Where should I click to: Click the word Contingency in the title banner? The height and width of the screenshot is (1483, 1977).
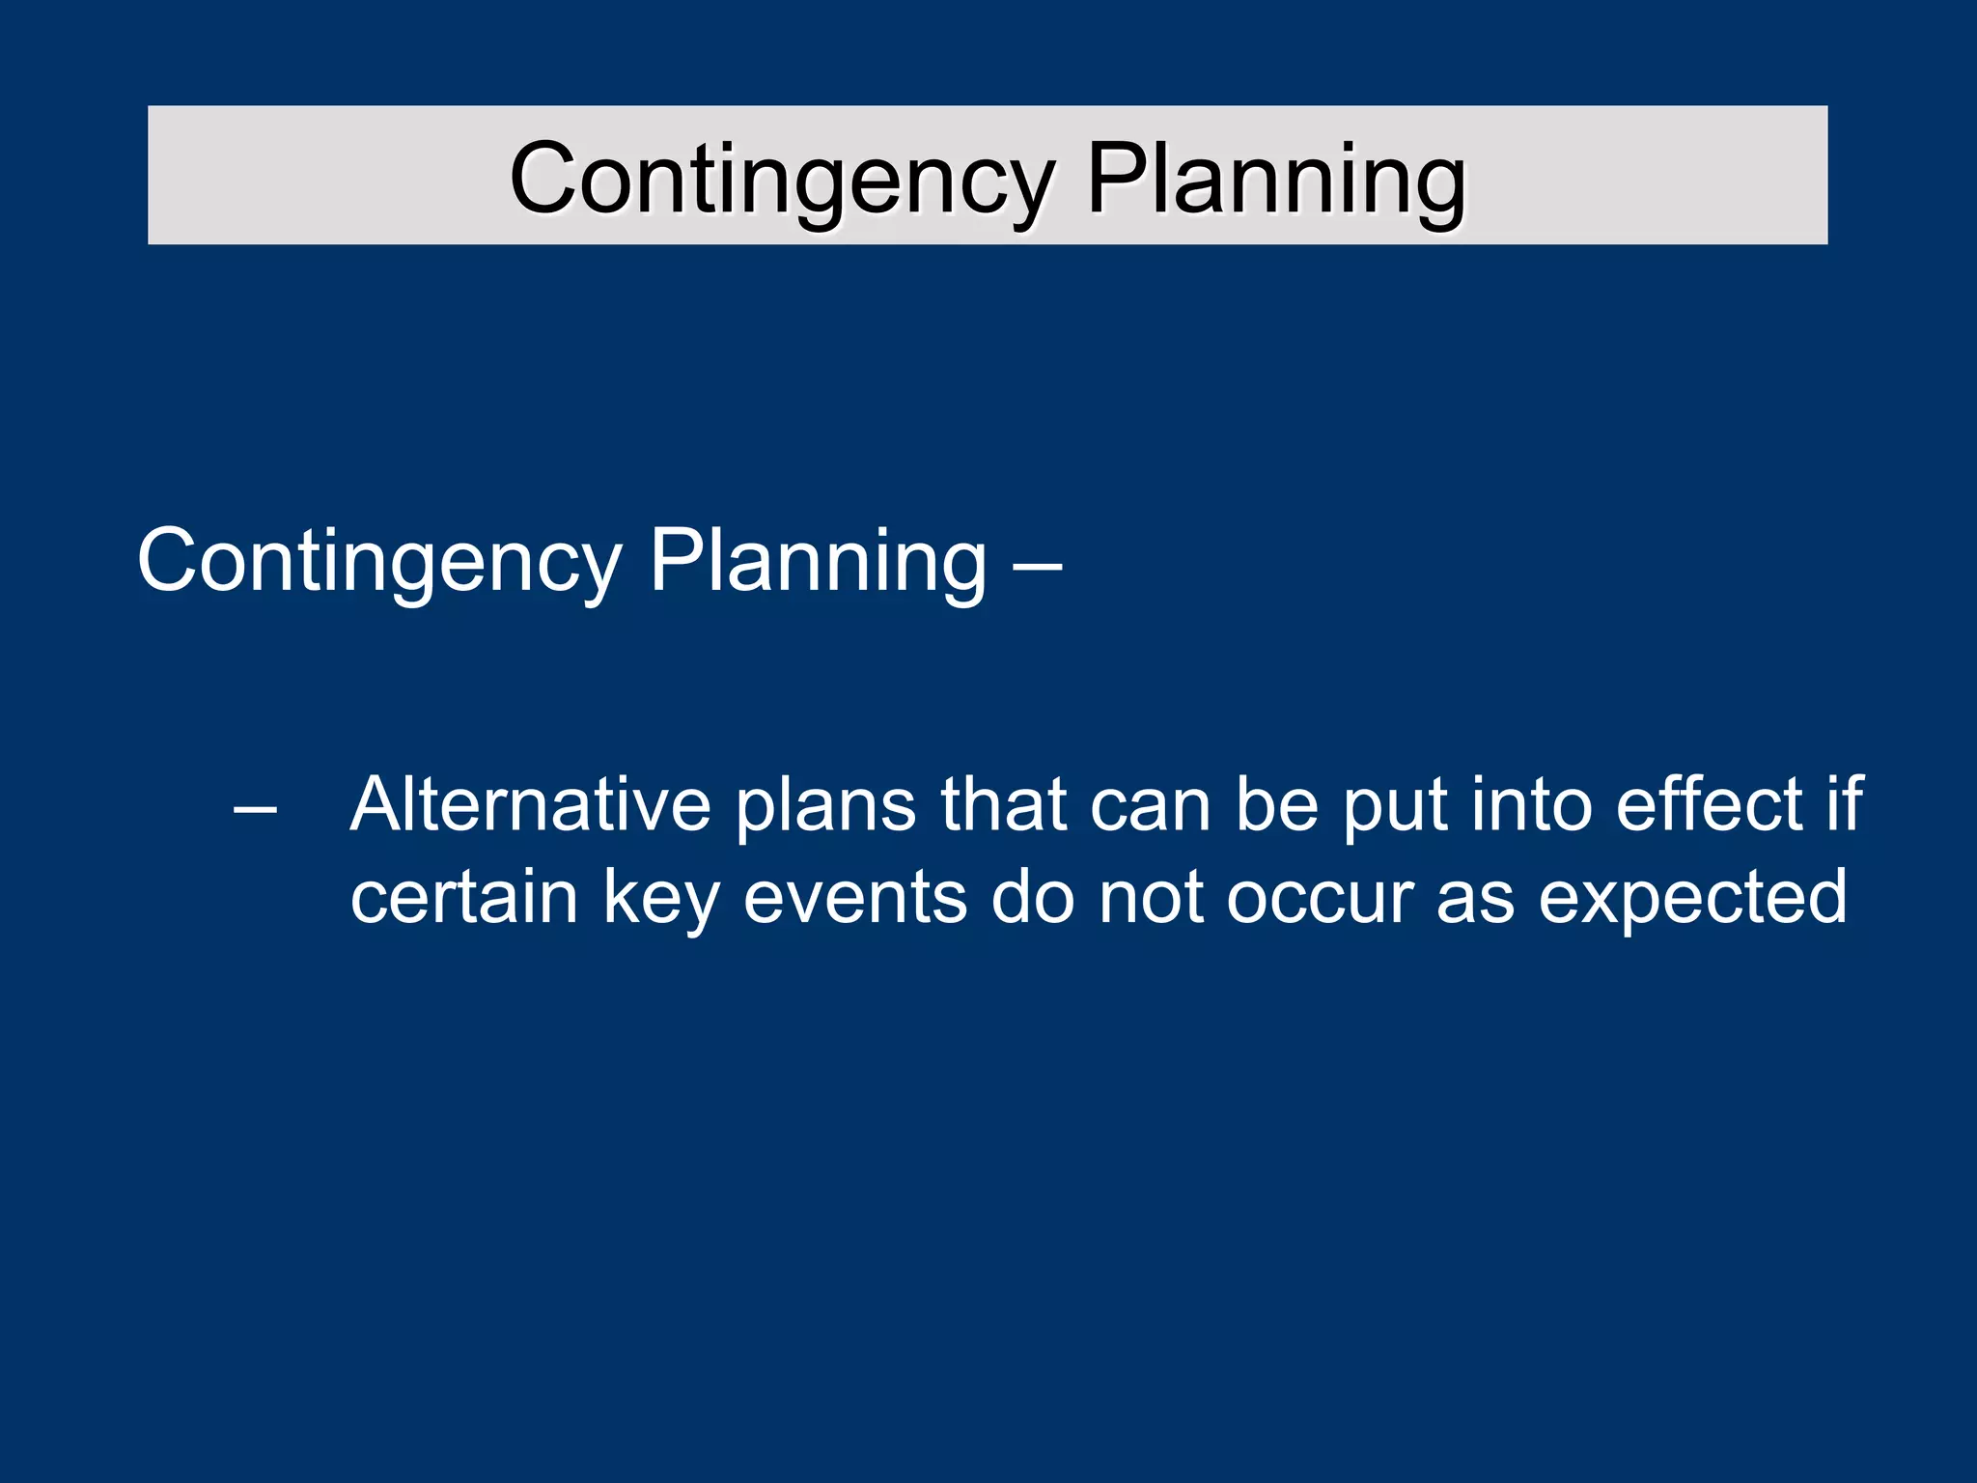coord(782,180)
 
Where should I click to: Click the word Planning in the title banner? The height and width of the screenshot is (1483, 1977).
coord(1276,180)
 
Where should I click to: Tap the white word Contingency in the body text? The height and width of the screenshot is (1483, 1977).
coord(380,562)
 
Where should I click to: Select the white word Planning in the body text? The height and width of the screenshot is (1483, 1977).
coord(819,562)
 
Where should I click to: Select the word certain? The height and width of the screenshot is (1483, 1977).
coord(464,898)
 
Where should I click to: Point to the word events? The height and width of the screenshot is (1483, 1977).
coord(855,898)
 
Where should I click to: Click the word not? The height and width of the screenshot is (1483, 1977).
coord(1152,898)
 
